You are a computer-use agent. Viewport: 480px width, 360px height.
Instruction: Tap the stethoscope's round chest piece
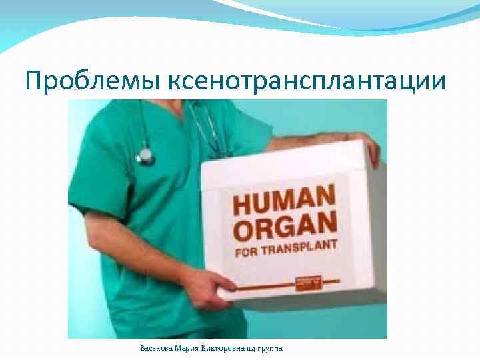point(145,156)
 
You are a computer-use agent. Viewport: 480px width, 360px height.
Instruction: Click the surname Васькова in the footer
point(155,348)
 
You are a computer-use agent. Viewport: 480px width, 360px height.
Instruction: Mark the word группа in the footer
point(269,348)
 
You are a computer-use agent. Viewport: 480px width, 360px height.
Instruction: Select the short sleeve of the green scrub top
point(100,173)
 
